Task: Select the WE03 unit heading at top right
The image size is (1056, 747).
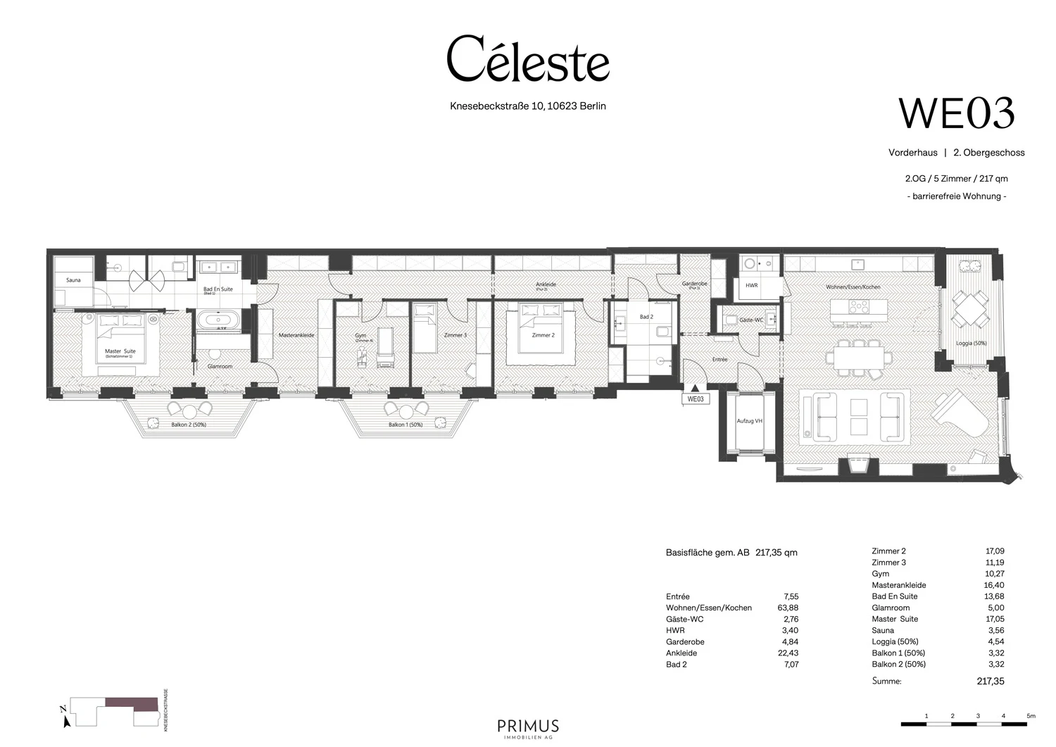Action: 957,113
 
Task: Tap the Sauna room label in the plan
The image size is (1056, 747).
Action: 73,280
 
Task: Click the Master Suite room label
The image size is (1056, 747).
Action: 120,351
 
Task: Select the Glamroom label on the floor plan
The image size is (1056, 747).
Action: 220,366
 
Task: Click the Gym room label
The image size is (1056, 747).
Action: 360,337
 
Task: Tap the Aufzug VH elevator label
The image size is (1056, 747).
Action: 749,421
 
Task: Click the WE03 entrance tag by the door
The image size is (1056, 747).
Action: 695,399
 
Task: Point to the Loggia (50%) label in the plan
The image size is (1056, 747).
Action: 971,344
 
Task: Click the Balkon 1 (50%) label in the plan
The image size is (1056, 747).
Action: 406,425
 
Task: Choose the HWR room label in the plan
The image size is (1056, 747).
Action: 751,285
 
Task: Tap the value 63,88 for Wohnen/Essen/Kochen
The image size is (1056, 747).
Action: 786,608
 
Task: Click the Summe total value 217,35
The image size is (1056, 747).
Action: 990,682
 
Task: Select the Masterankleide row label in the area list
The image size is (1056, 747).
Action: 898,585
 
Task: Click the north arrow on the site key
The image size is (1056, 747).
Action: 65,718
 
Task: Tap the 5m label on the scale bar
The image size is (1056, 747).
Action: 1031,716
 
